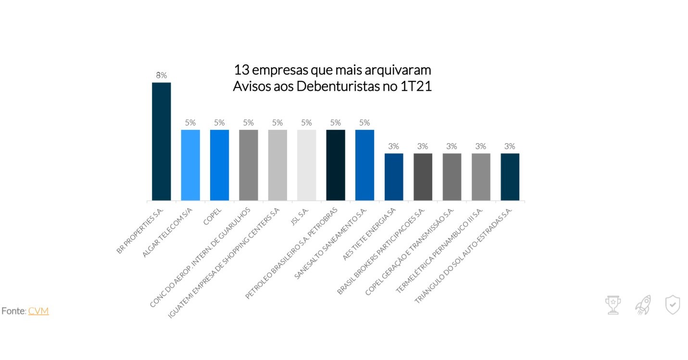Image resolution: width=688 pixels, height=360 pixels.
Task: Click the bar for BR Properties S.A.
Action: point(162,141)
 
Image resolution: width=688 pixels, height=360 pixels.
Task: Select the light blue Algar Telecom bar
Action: point(190,165)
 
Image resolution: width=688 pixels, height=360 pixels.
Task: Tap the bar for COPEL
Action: point(219,165)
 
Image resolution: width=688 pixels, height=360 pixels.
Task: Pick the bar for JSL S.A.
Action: point(306,165)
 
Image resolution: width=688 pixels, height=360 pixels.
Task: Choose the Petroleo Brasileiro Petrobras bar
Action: point(336,165)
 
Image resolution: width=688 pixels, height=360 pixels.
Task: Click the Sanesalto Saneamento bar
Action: point(364,165)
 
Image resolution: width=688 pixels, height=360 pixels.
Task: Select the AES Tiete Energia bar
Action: point(394,177)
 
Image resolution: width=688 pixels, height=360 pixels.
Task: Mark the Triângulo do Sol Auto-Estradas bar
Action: point(510,177)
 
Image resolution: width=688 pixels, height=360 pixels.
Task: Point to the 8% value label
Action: point(161,75)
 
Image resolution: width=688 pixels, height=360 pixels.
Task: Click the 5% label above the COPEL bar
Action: point(219,123)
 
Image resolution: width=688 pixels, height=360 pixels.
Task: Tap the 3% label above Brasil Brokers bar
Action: point(423,147)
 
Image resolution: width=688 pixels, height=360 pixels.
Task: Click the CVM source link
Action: point(38,311)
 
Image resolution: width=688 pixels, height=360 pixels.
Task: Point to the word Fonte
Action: point(13,311)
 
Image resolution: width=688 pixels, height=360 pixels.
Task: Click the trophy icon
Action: point(613,305)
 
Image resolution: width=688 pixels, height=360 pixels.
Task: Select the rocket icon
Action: point(643,305)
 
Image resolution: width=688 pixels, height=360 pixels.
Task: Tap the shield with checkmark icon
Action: point(672,305)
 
